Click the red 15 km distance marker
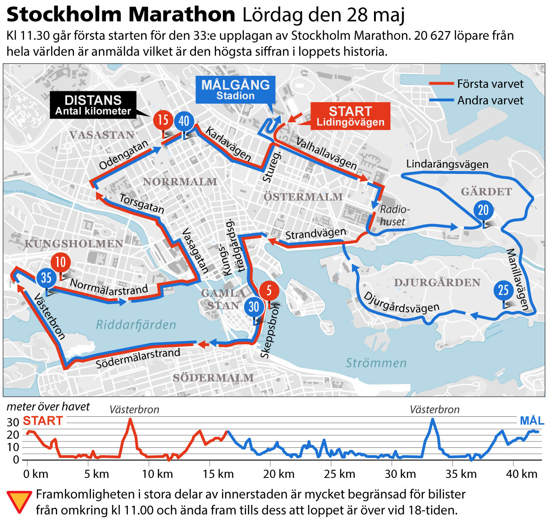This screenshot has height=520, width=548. pos(163,120)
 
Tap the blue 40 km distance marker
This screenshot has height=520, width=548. pos(184,121)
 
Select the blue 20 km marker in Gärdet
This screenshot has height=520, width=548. pos(483,210)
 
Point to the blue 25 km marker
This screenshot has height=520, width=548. pos(503,290)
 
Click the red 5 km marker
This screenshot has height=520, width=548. pos(269,290)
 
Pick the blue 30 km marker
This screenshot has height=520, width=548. pos(254,307)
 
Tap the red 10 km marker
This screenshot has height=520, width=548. pos(61,262)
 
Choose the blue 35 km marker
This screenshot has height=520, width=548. pos(46,278)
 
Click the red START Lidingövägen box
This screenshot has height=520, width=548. pos(350,116)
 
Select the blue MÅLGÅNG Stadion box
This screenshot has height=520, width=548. pos(235,89)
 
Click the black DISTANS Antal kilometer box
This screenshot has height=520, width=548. pos(93,105)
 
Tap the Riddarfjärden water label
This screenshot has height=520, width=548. pos(136,325)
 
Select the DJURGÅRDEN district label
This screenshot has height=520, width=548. pos(437,283)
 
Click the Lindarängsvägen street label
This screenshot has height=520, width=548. pos(447,164)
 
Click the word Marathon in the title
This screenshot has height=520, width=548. pos(182,15)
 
